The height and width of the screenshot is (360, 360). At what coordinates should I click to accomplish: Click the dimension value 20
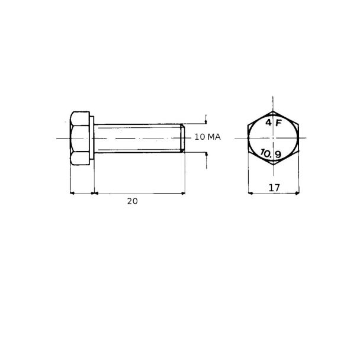[x=133, y=201]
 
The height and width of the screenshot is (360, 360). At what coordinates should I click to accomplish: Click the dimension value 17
[x=274, y=188]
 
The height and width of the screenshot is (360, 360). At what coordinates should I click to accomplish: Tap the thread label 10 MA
[x=208, y=137]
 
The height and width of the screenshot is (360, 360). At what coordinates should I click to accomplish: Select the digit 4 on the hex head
[x=268, y=123]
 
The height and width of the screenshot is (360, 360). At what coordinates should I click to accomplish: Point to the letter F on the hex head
[x=278, y=123]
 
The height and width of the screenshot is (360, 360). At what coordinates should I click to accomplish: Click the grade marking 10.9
[x=271, y=153]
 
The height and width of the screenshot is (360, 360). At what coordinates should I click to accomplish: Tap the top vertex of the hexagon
[x=273, y=111]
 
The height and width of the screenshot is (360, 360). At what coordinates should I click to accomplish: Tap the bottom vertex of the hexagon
[x=273, y=165]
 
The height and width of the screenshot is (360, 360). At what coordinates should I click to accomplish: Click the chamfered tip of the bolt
[x=182, y=138]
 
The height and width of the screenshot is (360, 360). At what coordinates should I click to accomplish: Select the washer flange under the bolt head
[x=92, y=138]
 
